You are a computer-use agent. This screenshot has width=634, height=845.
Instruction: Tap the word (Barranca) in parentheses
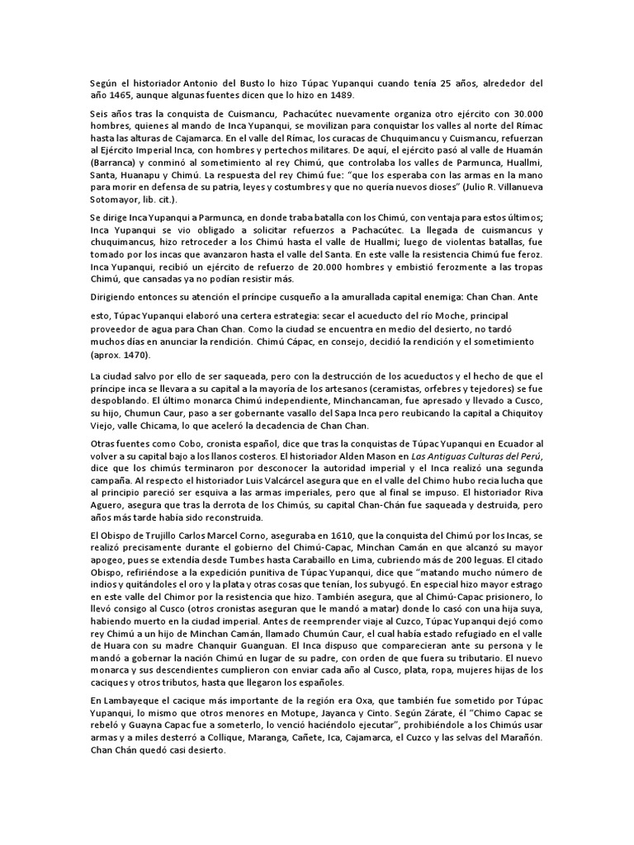[x=114, y=163]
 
